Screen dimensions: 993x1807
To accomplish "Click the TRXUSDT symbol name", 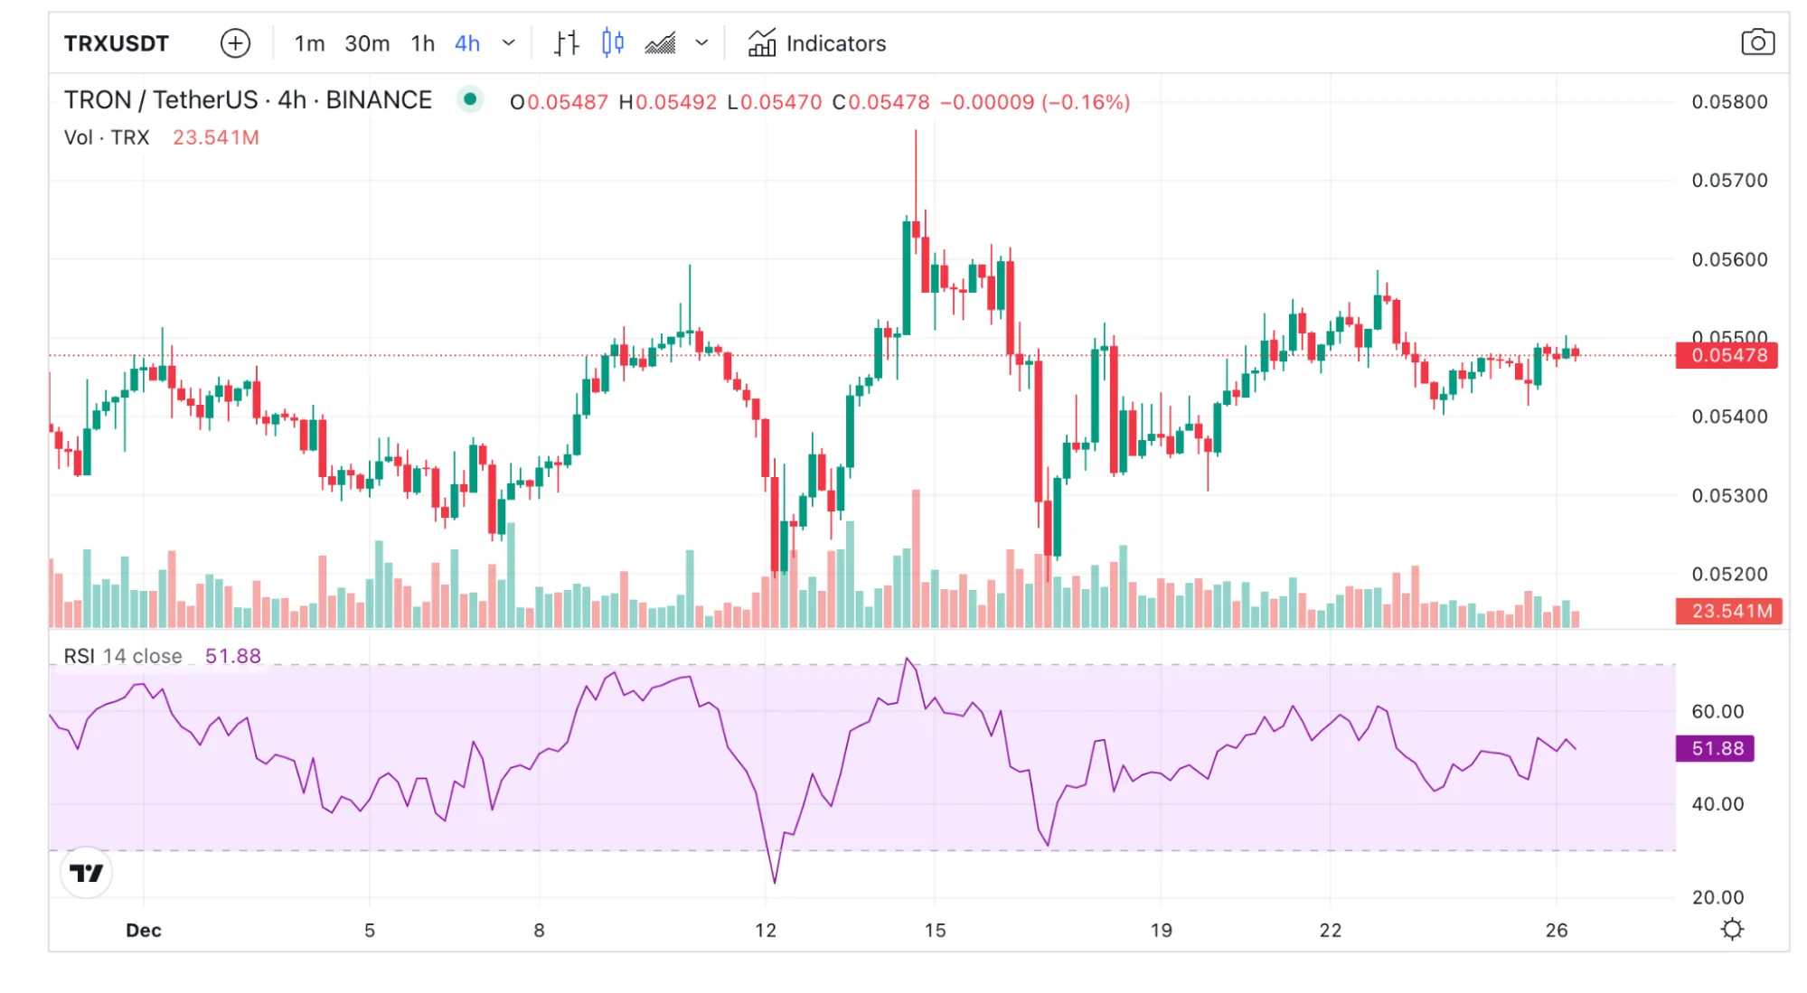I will point(117,43).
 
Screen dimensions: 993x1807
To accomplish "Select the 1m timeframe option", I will point(309,43).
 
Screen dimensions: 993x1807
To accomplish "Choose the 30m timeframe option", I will point(367,43).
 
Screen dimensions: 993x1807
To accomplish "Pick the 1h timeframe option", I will point(422,43).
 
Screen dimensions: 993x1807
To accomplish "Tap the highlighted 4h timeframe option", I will point(466,43).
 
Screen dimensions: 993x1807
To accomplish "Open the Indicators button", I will point(817,43).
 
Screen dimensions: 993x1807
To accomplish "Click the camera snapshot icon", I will point(1757,42).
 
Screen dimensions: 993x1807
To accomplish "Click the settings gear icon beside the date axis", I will point(1732,929).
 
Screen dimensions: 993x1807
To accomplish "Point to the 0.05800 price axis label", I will point(1729,102).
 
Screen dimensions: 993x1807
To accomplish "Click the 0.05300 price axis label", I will point(1729,495).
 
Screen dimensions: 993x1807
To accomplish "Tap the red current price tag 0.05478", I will point(1727,355).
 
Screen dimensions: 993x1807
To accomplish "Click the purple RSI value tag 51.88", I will point(1716,748).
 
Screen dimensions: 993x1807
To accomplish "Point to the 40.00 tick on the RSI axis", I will point(1718,804).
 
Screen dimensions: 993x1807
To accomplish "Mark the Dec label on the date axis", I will point(144,930).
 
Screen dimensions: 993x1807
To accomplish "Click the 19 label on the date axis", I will point(1161,930).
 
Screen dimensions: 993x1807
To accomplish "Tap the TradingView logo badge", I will point(87,873).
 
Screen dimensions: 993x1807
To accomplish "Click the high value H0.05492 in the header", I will point(667,102).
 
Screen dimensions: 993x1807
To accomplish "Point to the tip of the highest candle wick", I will point(916,131).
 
